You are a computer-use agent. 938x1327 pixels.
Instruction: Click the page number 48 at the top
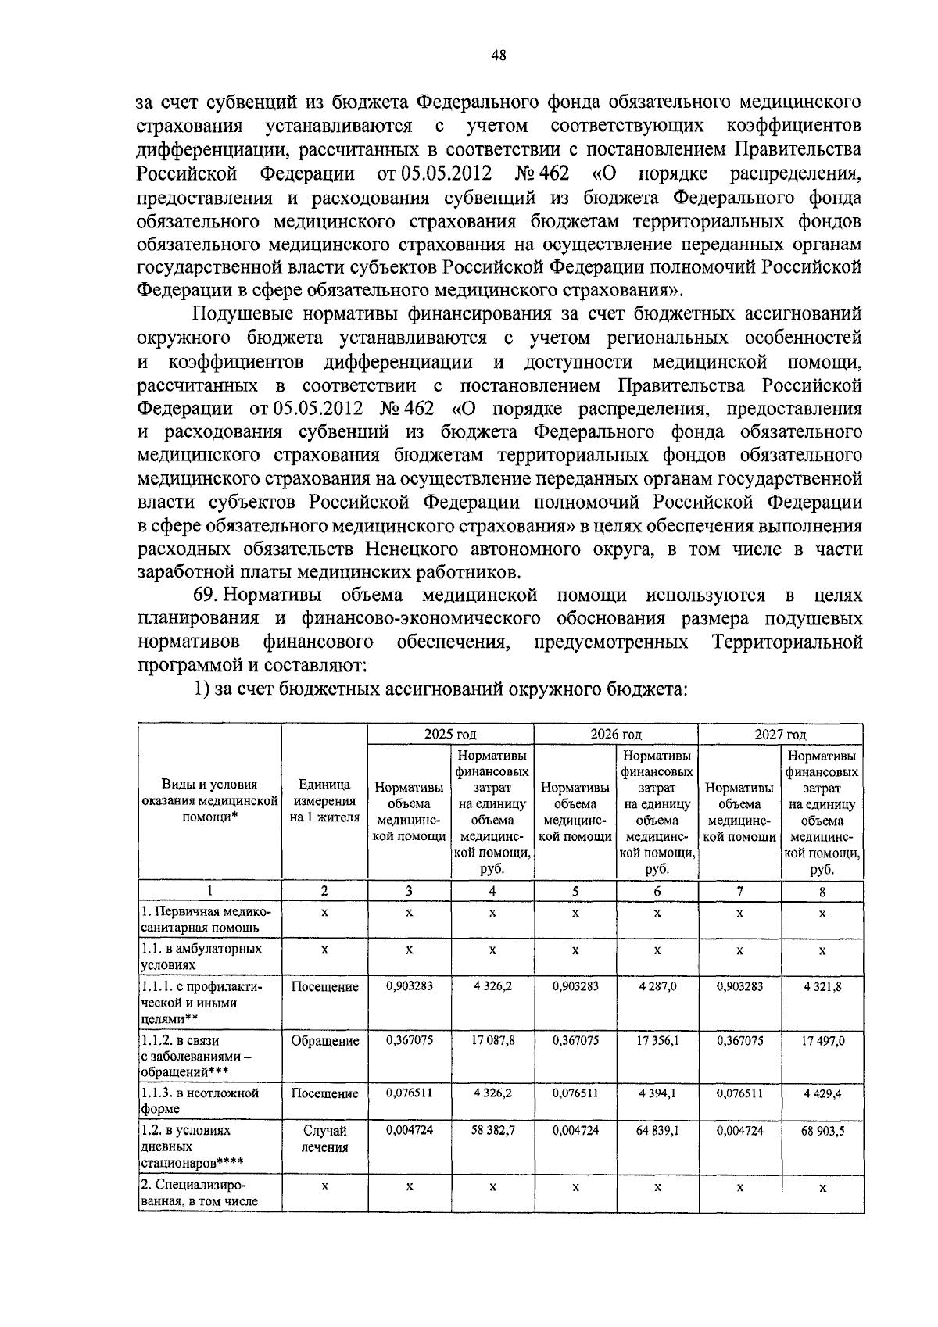498,54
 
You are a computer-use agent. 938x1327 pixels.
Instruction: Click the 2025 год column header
450,734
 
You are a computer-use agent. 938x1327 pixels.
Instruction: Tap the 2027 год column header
780,734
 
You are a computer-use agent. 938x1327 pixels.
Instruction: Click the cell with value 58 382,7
492,1131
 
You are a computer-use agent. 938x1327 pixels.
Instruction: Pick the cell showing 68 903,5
822,1131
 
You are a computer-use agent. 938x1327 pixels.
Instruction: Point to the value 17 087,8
492,1040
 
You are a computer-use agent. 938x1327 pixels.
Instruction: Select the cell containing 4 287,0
657,987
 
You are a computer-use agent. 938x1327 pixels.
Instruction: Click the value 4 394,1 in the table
657,1093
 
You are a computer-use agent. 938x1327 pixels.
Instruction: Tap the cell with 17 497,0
822,1040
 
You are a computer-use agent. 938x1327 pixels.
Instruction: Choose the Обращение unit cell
324,1041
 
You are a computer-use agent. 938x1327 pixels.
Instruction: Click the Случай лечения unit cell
324,1139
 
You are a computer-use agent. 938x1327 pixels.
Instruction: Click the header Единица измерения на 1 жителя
324,800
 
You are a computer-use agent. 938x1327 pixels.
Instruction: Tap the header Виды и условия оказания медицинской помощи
209,800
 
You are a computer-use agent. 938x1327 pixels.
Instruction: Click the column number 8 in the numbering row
822,891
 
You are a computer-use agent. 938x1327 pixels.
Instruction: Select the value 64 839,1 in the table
657,1131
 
